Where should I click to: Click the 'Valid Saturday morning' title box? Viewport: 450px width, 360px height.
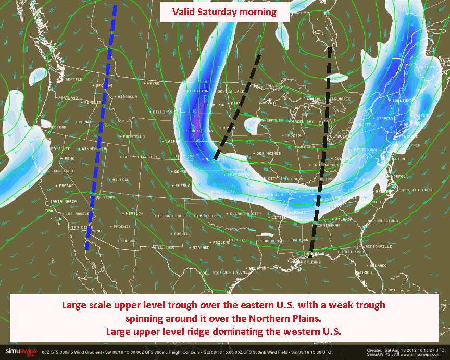[224, 11]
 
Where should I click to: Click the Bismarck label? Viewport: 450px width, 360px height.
[215, 105]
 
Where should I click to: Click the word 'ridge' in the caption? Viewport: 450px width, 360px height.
[210, 331]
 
